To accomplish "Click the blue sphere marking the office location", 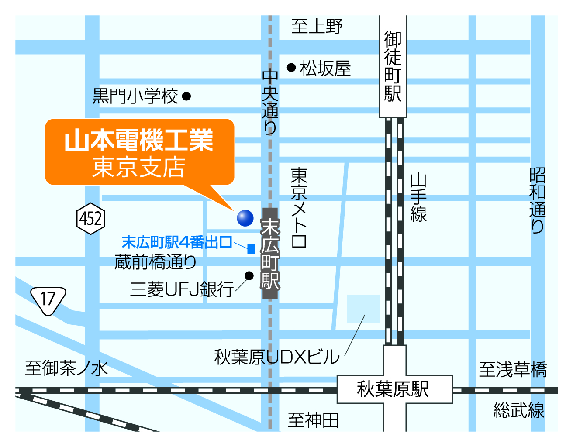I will (245, 218).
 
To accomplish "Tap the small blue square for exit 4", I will (251, 249).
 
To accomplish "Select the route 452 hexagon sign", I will (90, 218).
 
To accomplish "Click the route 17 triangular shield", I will (48, 300).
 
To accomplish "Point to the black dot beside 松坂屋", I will (291, 67).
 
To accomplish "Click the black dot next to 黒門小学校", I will (186, 96).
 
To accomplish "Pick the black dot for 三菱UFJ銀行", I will (249, 275).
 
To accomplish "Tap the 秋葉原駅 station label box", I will (394, 389).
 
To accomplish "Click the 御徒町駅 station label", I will (393, 66).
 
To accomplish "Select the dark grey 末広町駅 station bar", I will (270, 254).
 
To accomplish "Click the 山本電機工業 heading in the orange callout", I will (139, 140).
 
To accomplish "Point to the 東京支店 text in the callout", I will (139, 167).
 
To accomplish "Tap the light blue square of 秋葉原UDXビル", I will (363, 309).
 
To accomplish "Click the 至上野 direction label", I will (317, 26).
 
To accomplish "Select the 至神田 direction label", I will (313, 420).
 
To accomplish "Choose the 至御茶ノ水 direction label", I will (66, 368).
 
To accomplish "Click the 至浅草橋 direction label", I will (513, 370).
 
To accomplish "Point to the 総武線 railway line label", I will (518, 411).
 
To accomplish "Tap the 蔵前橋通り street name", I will (155, 262).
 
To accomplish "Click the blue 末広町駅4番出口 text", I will (177, 242).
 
